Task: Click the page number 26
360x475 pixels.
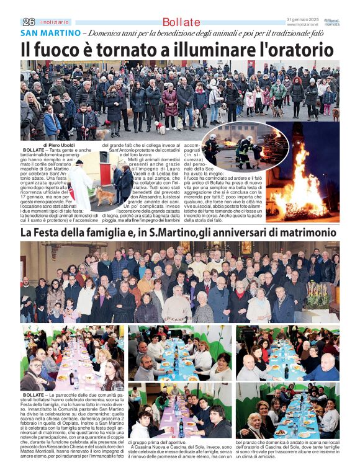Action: coord(28,22)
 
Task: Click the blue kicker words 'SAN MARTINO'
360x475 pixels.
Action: coord(50,32)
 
